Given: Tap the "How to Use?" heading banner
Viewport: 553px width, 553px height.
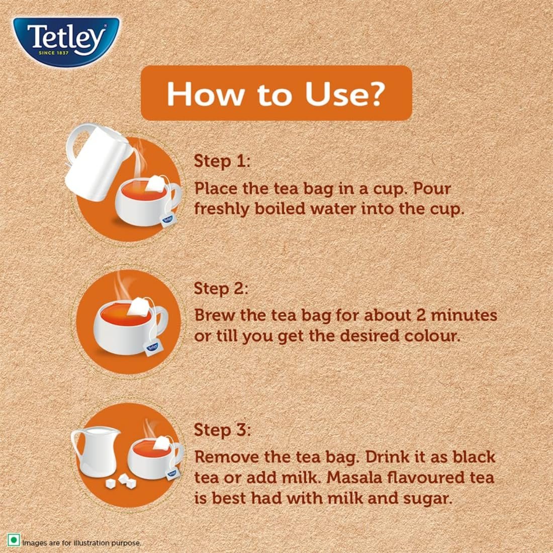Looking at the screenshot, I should [x=276, y=93].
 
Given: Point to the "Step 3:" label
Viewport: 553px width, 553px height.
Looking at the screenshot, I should [x=222, y=430].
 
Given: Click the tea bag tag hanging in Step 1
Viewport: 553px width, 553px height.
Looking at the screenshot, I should [x=167, y=219].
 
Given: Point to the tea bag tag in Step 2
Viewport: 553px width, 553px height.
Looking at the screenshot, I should [x=153, y=347].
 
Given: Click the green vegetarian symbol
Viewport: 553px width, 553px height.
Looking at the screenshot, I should [x=14, y=541].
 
